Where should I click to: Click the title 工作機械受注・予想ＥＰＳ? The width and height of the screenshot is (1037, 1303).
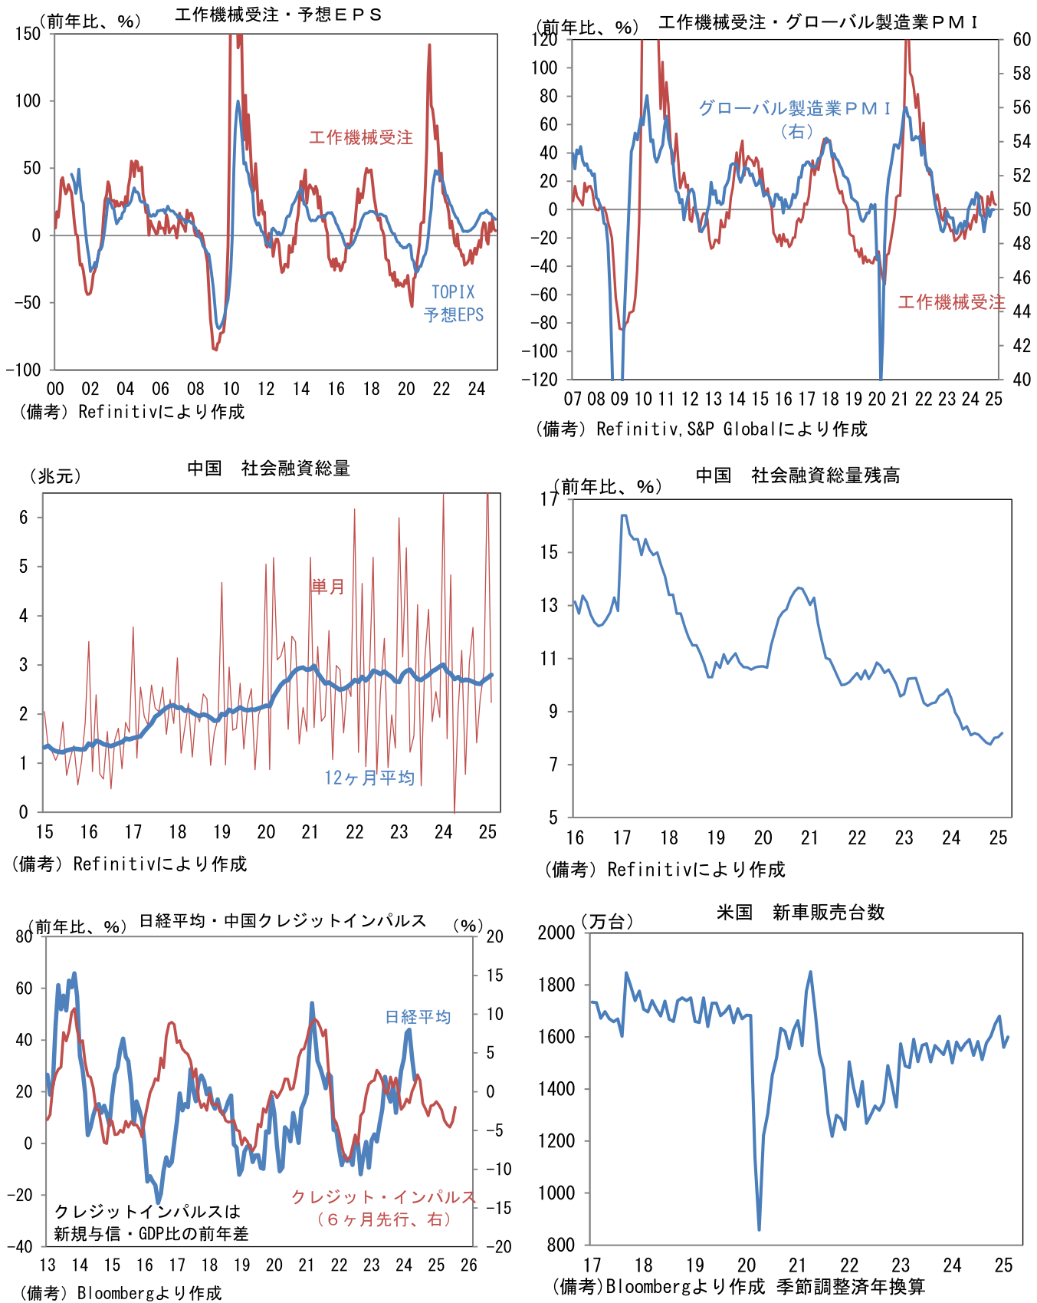278,15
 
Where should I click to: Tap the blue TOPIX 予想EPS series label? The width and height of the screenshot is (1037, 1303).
454,304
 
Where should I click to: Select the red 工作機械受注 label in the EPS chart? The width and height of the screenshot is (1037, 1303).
361,137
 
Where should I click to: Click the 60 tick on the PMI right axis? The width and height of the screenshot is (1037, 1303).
1021,40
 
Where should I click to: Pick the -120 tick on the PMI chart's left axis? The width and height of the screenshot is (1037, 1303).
540,379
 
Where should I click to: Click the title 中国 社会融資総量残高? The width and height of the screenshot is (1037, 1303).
798,475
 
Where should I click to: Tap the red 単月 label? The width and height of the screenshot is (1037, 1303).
327,587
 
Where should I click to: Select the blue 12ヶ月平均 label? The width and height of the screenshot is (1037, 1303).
369,778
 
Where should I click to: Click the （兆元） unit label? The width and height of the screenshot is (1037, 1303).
55,476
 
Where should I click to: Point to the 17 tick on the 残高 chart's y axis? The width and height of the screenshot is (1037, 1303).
550,499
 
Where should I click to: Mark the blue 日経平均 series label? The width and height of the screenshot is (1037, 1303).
418,1017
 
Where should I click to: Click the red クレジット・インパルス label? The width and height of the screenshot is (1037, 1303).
383,1197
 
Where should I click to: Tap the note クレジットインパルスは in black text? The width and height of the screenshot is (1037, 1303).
148,1212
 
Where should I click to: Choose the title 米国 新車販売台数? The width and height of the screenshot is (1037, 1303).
800,912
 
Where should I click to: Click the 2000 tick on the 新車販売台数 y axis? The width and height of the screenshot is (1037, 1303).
556,933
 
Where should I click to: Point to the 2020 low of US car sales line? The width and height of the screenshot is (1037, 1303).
759,1229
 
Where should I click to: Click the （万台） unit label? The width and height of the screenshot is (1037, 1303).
607,921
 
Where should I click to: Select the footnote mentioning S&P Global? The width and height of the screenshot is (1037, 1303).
701,429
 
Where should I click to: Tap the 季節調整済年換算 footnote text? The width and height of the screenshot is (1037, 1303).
851,1286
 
